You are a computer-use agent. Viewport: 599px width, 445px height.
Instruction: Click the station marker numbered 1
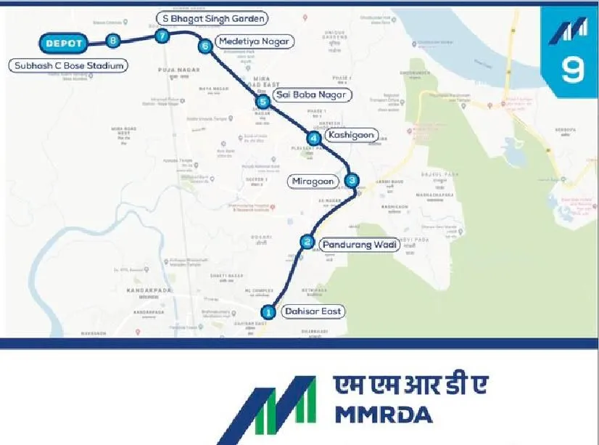coord(268,312)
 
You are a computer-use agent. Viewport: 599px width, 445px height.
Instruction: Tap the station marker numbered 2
coord(307,242)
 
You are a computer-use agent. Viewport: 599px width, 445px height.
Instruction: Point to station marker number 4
coord(313,138)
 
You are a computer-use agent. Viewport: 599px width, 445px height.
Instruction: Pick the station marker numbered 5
coord(263,102)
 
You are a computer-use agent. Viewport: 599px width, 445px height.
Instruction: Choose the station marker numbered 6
coord(205,46)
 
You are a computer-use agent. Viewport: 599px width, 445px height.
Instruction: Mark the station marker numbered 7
coord(162,36)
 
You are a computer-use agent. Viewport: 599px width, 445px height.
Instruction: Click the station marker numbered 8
coord(112,41)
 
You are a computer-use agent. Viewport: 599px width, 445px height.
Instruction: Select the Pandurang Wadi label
coord(360,245)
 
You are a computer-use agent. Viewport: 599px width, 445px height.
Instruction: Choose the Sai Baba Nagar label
coord(312,95)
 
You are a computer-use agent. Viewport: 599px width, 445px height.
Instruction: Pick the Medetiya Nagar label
coord(255,42)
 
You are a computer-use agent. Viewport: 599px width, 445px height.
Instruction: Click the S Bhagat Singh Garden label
coord(212,17)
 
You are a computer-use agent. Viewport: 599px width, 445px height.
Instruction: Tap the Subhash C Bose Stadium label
coord(69,65)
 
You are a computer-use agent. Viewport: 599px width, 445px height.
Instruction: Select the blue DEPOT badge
coord(63,44)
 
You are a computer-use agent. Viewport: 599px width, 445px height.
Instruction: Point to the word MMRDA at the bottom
coord(384,415)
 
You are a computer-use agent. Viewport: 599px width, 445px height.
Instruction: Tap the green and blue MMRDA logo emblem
coord(270,409)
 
